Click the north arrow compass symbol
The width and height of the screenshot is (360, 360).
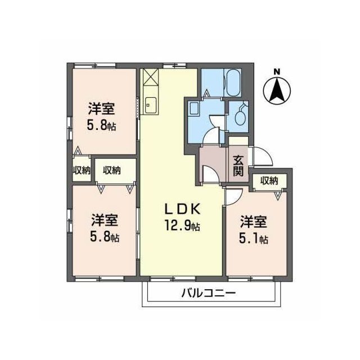tap(276, 91)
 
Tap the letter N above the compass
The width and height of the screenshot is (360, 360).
tap(276, 71)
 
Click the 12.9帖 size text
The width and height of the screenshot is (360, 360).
tap(182, 227)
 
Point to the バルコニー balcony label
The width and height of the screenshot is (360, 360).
tap(208, 293)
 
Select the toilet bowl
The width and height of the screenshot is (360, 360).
tap(240, 116)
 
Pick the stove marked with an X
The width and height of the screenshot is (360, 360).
tap(150, 76)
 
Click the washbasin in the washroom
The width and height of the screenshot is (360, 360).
tap(193, 108)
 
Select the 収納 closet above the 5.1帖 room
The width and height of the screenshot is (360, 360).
tap(269, 181)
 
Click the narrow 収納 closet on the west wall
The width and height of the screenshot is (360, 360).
tap(81, 170)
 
